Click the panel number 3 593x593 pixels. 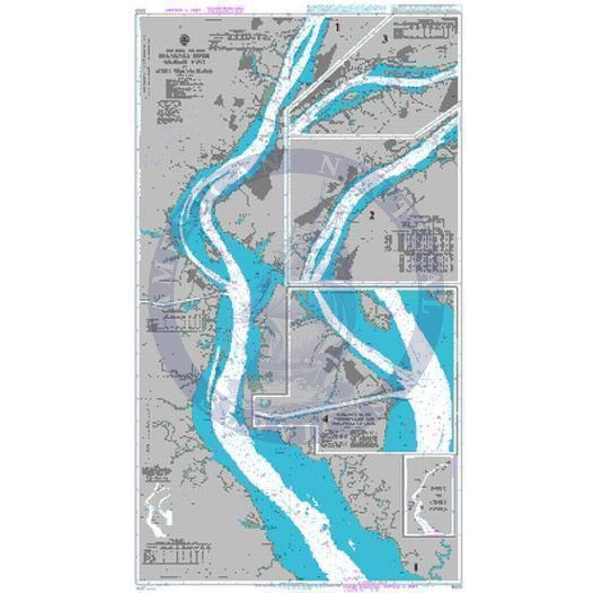coord(384,39)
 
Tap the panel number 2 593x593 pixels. coord(372,215)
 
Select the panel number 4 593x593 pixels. coord(325,419)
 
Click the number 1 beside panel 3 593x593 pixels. coord(338,27)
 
